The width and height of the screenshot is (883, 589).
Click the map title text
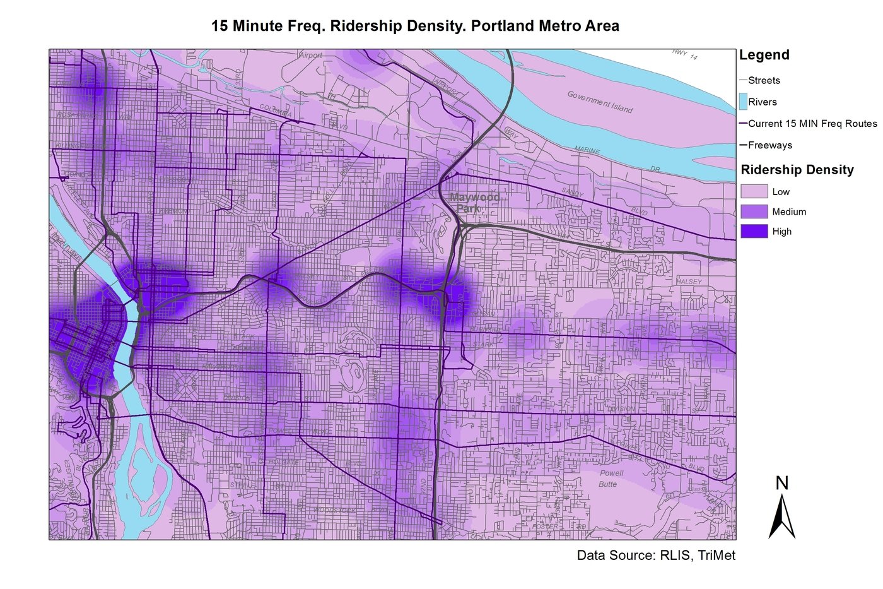(415, 27)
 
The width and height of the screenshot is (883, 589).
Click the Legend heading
(764, 55)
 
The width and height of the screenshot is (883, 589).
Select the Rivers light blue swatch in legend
(743, 102)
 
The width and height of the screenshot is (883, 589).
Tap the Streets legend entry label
(764, 80)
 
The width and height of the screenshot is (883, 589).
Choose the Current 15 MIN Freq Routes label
(812, 124)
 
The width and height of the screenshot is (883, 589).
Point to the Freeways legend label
(770, 145)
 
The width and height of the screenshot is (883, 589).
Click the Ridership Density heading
(797, 170)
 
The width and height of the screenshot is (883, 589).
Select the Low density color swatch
(754, 191)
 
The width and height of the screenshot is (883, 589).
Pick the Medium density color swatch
(754, 211)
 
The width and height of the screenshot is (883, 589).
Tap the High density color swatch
(754, 231)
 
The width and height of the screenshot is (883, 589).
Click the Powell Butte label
(611, 479)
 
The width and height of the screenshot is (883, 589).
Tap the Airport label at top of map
(310, 56)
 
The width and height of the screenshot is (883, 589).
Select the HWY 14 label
(685, 55)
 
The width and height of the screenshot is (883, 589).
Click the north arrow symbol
(782, 517)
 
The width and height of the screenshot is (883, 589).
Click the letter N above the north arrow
(782, 484)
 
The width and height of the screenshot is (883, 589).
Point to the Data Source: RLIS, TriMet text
(656, 556)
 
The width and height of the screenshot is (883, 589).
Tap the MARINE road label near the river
(587, 150)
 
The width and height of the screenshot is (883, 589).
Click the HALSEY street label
(689, 282)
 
